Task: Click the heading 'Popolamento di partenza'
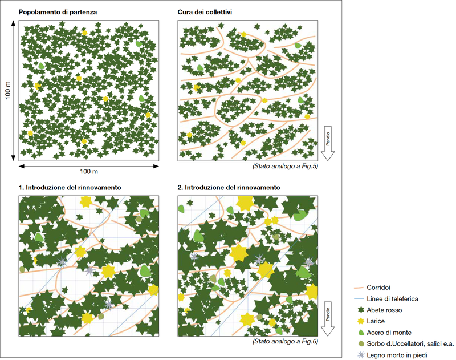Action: tap(57, 12)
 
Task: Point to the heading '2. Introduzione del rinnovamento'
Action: tap(229, 187)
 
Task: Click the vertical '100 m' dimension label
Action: tap(8, 90)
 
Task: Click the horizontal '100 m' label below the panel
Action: tap(88, 172)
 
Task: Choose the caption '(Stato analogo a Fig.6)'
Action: tap(284, 341)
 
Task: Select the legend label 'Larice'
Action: tap(377, 321)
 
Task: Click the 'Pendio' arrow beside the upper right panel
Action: tap(329, 144)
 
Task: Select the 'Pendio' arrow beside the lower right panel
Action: tap(329, 319)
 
